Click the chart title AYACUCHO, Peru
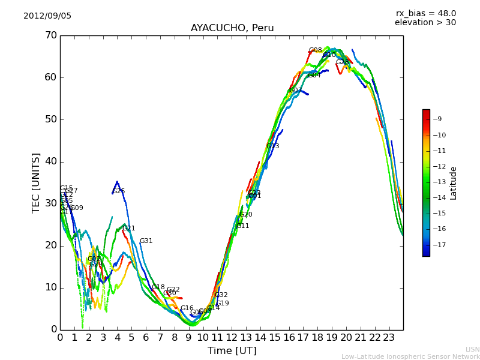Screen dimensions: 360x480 click(x=232, y=28)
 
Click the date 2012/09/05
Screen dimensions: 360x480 click(x=47, y=16)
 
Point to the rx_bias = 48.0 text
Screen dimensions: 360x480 click(x=425, y=14)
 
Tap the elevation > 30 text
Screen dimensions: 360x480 click(x=425, y=23)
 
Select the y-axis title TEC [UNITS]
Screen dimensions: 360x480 click(x=36, y=182)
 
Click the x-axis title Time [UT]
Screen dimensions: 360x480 click(x=232, y=351)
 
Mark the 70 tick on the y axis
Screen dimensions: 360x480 click(x=50, y=35)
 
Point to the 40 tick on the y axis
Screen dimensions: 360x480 click(x=50, y=161)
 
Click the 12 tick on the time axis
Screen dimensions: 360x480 click(x=232, y=337)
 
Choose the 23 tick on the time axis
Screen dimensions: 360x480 click(x=389, y=337)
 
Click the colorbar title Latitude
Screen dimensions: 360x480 click(x=454, y=183)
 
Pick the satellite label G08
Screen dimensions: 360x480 click(x=315, y=50)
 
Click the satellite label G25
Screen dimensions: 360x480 click(x=119, y=191)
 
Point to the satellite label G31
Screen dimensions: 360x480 click(x=146, y=241)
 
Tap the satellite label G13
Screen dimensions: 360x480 click(x=272, y=146)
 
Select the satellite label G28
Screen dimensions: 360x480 click(x=342, y=62)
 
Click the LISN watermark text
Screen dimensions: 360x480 click(x=473, y=349)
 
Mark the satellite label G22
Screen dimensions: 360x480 click(x=173, y=290)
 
